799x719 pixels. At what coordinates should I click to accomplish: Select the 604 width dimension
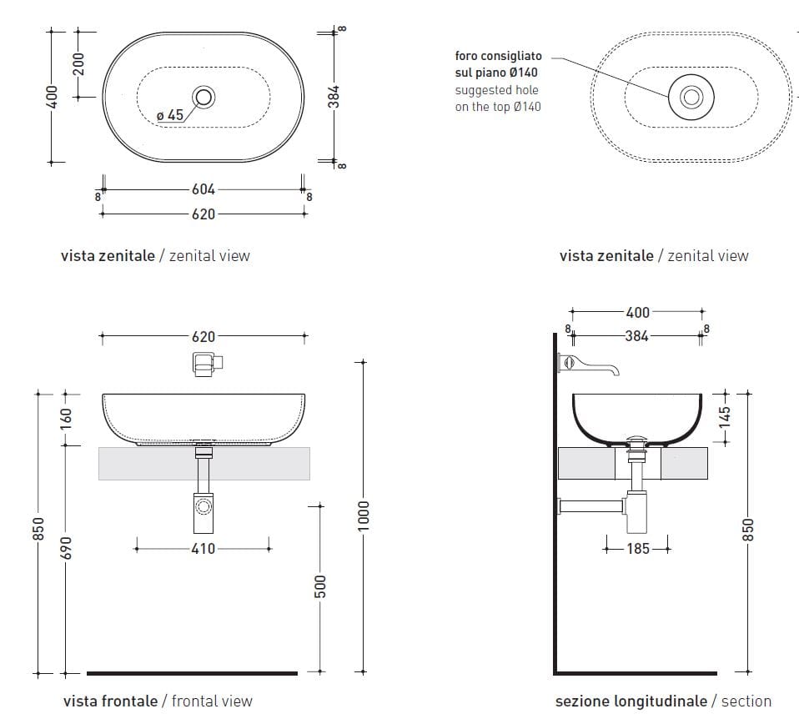pos(203,190)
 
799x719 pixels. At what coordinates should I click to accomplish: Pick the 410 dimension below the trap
pos(203,549)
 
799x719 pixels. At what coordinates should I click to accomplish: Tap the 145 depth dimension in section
pos(724,415)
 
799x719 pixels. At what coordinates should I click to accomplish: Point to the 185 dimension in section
pos(638,549)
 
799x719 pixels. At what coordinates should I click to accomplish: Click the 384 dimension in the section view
pos(636,337)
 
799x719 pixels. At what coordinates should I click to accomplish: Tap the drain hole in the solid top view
pos(203,98)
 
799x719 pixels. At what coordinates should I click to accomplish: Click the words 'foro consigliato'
pos(498,56)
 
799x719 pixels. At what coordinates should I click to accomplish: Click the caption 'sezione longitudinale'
pos(631,701)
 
